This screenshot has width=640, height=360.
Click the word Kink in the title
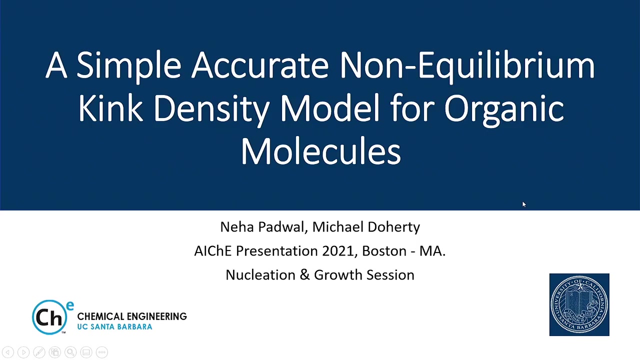click(x=110, y=108)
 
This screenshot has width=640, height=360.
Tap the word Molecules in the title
click(x=321, y=150)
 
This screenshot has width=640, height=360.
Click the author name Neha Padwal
click(x=262, y=227)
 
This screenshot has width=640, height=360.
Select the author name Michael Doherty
click(x=366, y=227)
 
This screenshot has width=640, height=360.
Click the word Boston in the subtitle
click(x=384, y=251)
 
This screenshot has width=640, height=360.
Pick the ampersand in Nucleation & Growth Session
click(x=304, y=275)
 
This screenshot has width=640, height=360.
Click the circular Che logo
click(x=49, y=317)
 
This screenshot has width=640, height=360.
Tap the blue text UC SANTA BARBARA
click(x=114, y=326)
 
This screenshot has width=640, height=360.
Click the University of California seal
click(x=579, y=304)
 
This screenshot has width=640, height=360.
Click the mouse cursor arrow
click(x=524, y=204)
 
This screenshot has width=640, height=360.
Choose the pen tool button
click(x=39, y=352)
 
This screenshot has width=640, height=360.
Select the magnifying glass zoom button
click(x=70, y=352)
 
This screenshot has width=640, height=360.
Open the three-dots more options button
click(x=102, y=352)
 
